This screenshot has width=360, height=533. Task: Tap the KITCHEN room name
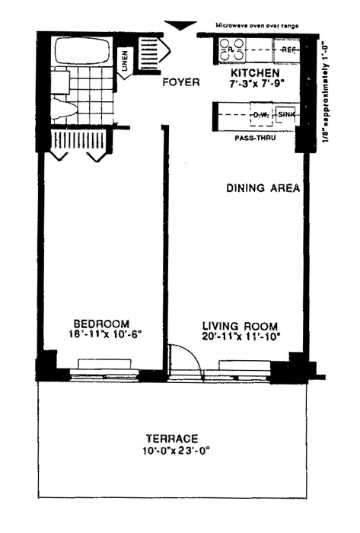coord(252,73)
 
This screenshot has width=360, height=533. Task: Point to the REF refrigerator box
coord(287,50)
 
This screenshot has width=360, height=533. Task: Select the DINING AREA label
coord(262,187)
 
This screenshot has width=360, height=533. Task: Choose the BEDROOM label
coord(100,322)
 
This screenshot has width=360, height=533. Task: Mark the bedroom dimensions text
coord(101,334)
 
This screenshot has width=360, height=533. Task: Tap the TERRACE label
coord(173,438)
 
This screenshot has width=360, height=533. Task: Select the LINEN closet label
coord(125,65)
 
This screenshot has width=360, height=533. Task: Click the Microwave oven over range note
coord(256,25)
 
